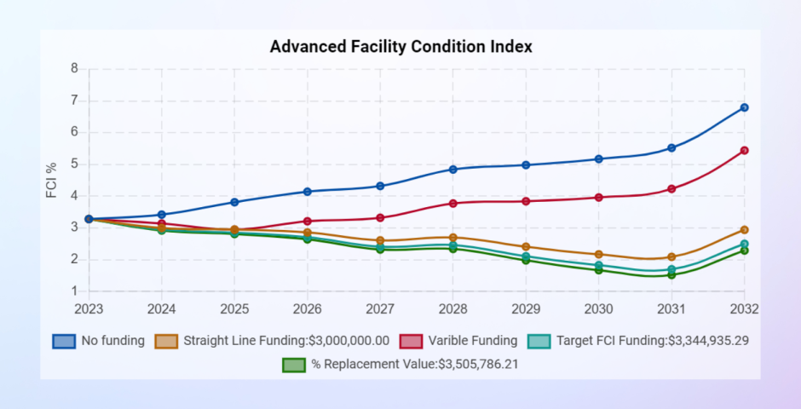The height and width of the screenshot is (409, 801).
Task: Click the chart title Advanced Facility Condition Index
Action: [400, 47]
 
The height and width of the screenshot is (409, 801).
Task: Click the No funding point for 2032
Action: [744, 107]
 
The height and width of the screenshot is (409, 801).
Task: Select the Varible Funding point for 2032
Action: [744, 151]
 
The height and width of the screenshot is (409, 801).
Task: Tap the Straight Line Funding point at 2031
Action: [671, 257]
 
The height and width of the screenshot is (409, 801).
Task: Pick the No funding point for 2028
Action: [453, 170]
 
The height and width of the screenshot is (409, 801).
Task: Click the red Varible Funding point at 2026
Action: [308, 222]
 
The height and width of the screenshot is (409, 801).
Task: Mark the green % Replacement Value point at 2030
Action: [599, 270]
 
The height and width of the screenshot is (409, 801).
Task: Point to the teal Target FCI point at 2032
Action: [744, 245]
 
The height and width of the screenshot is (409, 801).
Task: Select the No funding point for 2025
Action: [234, 202]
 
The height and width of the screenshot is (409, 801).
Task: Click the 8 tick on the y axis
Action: [74, 69]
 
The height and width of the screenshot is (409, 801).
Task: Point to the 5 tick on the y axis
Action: [74, 164]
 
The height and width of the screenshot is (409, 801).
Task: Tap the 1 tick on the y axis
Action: [74, 291]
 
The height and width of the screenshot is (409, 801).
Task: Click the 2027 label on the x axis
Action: [380, 308]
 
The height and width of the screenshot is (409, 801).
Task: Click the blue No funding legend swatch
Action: [64, 341]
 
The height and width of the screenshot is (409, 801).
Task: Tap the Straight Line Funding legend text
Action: [286, 341]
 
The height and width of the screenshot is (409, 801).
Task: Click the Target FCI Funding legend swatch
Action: [539, 341]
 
